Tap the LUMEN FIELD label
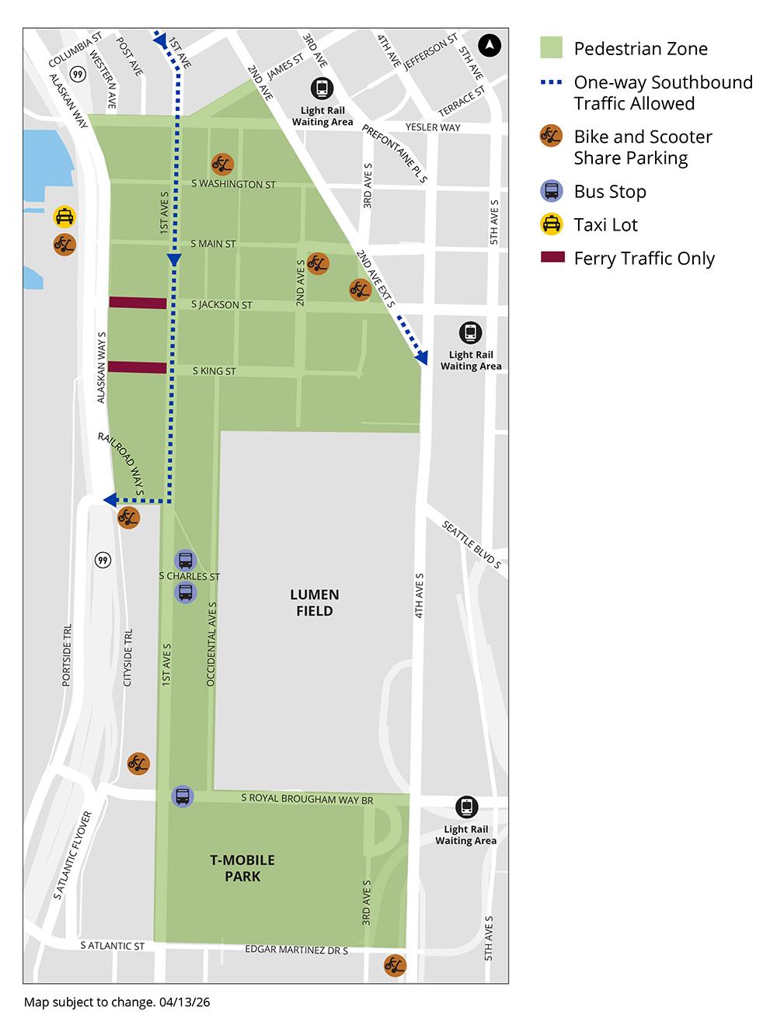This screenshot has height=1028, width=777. (x=314, y=603)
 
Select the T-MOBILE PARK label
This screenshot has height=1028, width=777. (x=242, y=868)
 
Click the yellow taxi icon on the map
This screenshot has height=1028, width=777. (x=64, y=217)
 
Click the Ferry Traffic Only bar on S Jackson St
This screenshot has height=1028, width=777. (x=138, y=303)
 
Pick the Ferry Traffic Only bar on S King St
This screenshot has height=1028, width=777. (x=138, y=367)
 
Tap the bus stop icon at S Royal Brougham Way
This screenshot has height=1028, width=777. (x=183, y=796)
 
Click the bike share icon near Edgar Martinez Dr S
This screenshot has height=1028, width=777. (x=395, y=965)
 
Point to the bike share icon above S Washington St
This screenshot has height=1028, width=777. (x=222, y=164)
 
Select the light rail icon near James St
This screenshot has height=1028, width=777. (x=321, y=89)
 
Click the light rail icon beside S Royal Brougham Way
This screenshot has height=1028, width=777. (x=466, y=807)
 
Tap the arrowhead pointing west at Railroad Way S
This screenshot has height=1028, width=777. (x=110, y=499)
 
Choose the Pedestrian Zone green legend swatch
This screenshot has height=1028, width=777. (x=551, y=48)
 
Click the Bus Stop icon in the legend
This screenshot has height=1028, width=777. (x=551, y=191)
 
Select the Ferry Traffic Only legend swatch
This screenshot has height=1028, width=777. (x=551, y=258)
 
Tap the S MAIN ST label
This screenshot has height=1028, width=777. (x=213, y=244)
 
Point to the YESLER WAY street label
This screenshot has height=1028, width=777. (x=433, y=127)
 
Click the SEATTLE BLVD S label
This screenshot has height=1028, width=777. (x=472, y=544)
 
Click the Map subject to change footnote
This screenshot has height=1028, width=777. (x=117, y=1002)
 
